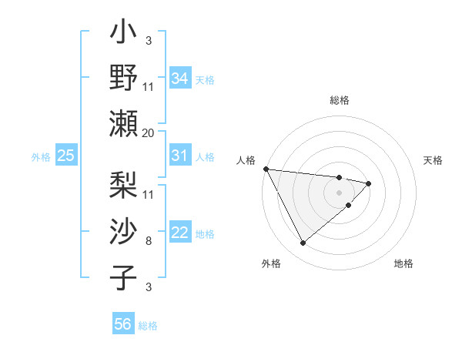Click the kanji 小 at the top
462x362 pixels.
(124, 34)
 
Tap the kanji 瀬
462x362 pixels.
(124, 122)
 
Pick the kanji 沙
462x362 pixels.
(124, 232)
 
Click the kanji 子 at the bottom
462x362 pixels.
(124, 277)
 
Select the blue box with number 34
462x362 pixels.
(179, 78)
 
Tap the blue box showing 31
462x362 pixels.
(179, 156)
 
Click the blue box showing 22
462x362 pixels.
(179, 233)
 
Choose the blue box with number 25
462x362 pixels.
(66, 156)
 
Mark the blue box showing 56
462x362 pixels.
(123, 324)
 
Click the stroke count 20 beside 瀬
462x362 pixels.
(149, 132)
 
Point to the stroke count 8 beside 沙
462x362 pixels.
(149, 241)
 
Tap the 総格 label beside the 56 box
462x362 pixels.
(148, 326)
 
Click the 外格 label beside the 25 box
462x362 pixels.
(41, 157)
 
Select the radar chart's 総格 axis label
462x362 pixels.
(340, 100)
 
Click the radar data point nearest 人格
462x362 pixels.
(266, 169)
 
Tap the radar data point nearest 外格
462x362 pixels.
(303, 243)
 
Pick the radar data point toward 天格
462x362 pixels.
(369, 183)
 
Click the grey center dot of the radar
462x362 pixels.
(339, 192)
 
